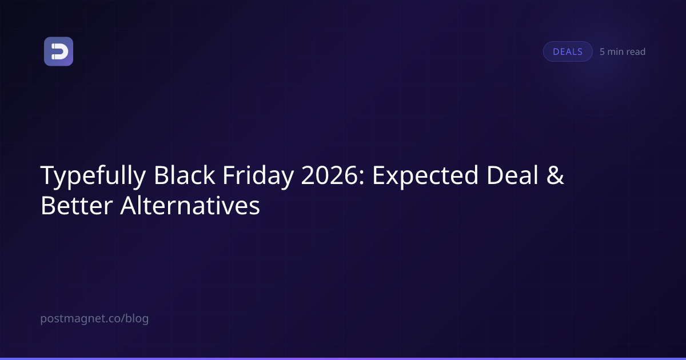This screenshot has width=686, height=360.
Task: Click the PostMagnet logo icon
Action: pos(58,51)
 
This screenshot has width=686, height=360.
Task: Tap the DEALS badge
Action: pos(568,51)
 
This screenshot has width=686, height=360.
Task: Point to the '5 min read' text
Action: pos(623,52)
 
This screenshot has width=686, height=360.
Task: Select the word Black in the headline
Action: pos(184,175)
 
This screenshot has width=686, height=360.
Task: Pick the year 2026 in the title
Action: pos(329,175)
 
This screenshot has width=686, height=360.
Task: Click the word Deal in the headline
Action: pos(512,175)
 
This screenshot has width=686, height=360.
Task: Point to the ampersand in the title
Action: pos(555,175)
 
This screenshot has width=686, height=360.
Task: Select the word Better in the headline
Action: pos(77,205)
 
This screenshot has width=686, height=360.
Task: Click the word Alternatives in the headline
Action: pos(190,205)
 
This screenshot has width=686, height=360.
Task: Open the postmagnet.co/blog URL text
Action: pos(94,319)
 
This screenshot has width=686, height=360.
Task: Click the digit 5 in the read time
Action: pos(602,52)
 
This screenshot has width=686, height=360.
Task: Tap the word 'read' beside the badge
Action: pos(636,52)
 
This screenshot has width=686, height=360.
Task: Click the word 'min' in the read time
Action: pos(615,52)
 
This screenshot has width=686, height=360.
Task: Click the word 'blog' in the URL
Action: pos(137,319)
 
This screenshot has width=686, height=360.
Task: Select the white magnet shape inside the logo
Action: pos(59,51)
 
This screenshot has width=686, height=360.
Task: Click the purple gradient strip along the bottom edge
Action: pos(343,359)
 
